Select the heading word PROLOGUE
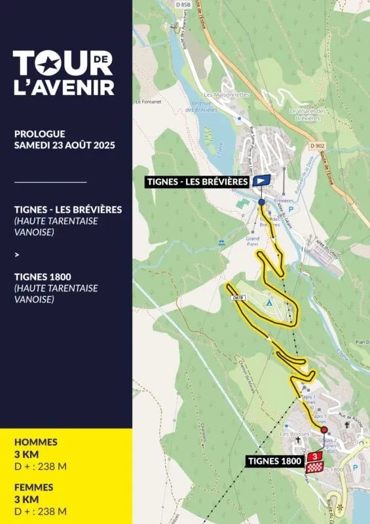click(x=41, y=134)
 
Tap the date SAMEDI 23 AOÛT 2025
click(x=65, y=145)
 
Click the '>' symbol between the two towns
click(x=17, y=255)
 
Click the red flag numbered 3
click(x=316, y=456)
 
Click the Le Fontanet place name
click(x=148, y=102)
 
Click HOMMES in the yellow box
click(x=35, y=442)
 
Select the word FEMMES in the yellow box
click(x=34, y=487)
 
